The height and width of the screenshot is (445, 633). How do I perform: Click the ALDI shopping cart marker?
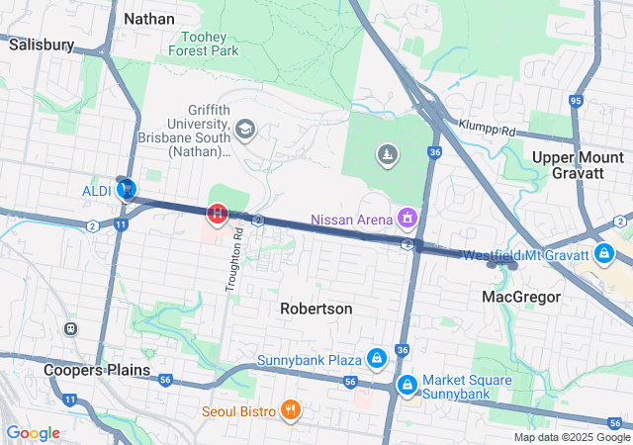pyautogui.click(x=127, y=189)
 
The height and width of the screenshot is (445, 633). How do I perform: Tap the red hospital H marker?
pyautogui.click(x=217, y=212)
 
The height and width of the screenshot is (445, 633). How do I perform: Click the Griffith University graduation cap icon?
pyautogui.click(x=244, y=129)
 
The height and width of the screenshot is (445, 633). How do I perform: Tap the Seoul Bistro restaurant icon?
pyautogui.click(x=290, y=410)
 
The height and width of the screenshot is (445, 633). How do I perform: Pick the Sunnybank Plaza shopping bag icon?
pyautogui.click(x=376, y=358)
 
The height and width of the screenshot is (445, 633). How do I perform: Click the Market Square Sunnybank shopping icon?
pyautogui.click(x=407, y=383)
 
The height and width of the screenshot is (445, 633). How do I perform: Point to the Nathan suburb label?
pyautogui.click(x=149, y=19)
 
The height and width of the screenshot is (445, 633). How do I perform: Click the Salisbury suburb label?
pyautogui.click(x=41, y=44)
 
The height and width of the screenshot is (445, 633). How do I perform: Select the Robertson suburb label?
pyautogui.click(x=316, y=309)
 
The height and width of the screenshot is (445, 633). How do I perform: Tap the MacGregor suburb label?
pyautogui.click(x=521, y=297)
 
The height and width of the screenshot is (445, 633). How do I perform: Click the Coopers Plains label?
pyautogui.click(x=97, y=370)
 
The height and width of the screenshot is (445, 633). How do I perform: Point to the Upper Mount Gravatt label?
pyautogui.click(x=579, y=165)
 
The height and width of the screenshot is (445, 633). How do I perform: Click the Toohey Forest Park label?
pyautogui.click(x=204, y=43)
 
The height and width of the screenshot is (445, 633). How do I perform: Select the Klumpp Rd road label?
pyautogui.click(x=488, y=130)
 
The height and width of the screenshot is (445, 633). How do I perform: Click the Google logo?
pyautogui.click(x=33, y=433)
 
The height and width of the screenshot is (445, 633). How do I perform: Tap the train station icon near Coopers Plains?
pyautogui.click(x=70, y=328)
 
